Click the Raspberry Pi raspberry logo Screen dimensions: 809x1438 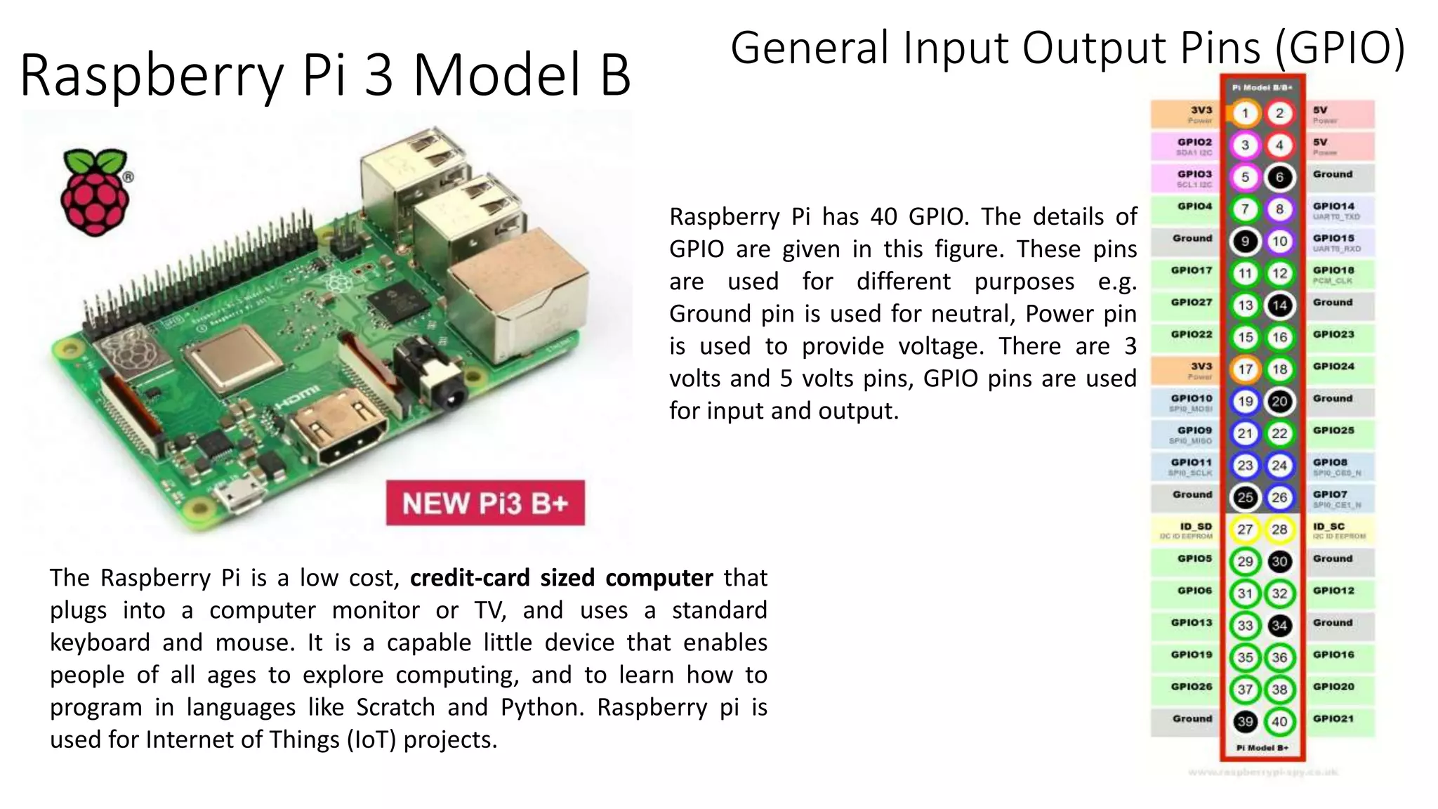[96, 192]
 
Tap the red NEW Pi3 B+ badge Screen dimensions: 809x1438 [485, 503]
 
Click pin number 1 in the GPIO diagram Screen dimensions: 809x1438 [1245, 113]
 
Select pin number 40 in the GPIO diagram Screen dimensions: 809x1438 [1279, 721]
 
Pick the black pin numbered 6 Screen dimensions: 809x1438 [1279, 177]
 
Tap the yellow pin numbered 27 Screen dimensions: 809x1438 [1245, 530]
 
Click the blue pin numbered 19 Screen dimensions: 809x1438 [1245, 402]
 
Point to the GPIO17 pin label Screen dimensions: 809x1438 [1192, 270]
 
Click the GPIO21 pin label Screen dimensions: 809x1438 [1333, 718]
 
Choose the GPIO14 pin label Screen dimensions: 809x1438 [1333, 206]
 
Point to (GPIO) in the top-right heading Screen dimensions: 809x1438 [1340, 48]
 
